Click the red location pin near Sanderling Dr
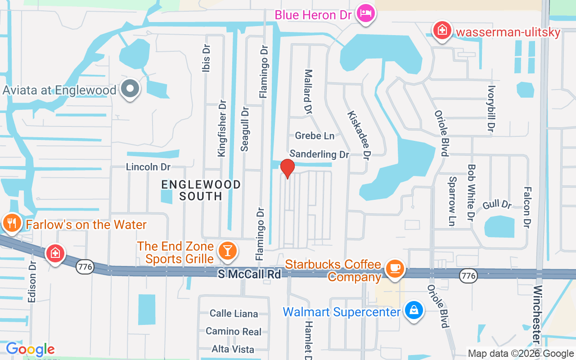click(x=288, y=168)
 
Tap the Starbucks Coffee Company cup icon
click(x=395, y=269)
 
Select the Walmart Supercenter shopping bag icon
click(x=413, y=310)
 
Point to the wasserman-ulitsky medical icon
click(x=442, y=31)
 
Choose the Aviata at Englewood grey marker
click(x=130, y=89)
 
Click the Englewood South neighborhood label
click(x=201, y=190)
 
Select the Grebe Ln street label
click(x=315, y=135)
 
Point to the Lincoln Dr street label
click(x=148, y=167)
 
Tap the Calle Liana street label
click(x=234, y=314)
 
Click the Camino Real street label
click(x=233, y=332)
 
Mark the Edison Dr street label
click(x=31, y=288)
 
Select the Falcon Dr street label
click(x=526, y=207)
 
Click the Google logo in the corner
click(x=30, y=349)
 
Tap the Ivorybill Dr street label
click(x=491, y=109)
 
